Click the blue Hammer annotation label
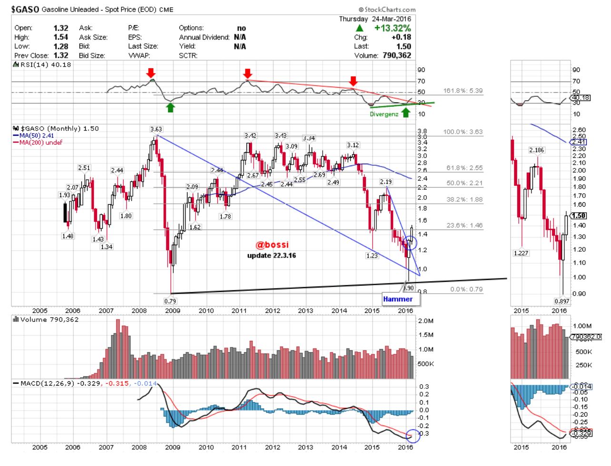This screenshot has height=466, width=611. pos(398,299)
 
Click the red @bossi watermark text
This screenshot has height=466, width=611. pos(272,245)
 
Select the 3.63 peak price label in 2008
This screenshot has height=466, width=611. pos(156,129)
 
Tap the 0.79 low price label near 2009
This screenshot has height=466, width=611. pos(170,301)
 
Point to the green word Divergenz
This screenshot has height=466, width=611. pos(384,114)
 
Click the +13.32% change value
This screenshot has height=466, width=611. pos(392,28)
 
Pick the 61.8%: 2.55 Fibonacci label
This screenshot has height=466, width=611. pos(464,168)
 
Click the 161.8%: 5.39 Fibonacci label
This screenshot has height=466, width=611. pos(463,90)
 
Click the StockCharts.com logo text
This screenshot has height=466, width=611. pos(387,10)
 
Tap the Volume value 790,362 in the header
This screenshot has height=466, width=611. pos(396,55)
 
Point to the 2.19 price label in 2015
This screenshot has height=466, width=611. pos(385,182)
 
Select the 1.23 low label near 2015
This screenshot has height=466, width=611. pos(372,256)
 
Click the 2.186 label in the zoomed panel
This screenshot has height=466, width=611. pos(536,150)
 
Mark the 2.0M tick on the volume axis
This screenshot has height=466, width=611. pos(425,321)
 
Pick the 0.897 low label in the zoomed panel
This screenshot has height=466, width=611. pos(562,301)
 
